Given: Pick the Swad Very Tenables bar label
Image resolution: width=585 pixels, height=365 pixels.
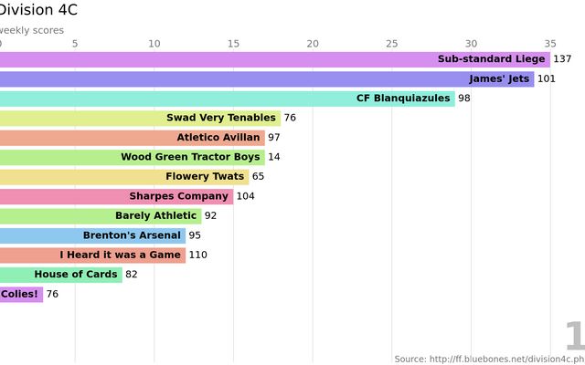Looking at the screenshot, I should point(220,118).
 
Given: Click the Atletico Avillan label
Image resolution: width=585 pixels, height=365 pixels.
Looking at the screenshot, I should point(218,138).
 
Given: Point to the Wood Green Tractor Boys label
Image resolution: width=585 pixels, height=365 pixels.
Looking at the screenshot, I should point(190,157).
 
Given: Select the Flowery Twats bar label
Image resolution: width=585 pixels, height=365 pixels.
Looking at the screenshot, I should point(205,176).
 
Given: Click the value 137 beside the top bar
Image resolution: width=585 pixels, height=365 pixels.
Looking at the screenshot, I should point(562,59).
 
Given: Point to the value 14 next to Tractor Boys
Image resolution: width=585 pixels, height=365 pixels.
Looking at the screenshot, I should point(274,157).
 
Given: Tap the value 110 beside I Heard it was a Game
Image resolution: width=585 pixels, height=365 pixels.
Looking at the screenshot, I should point(197,255).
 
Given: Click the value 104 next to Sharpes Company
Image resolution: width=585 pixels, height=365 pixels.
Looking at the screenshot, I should point(245,196).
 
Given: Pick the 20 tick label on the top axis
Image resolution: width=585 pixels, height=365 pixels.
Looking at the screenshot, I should point(313,44).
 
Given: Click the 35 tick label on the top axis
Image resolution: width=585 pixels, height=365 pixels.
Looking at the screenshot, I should point(549,44).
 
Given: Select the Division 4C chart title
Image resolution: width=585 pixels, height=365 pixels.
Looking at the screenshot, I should point(38,10).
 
